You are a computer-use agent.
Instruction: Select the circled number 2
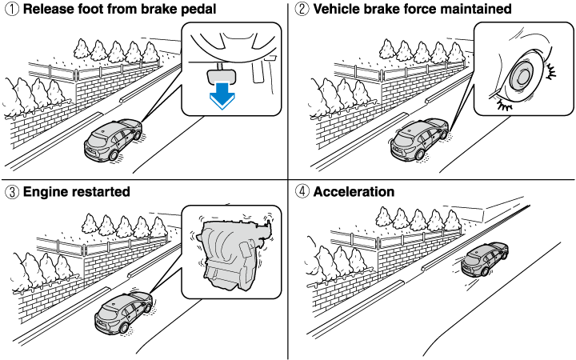click(x=301, y=10)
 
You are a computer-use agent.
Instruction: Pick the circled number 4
click(x=301, y=192)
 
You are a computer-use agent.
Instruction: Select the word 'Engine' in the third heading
click(x=46, y=192)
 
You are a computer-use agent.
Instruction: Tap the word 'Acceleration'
click(x=354, y=192)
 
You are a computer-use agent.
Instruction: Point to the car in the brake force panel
click(x=418, y=138)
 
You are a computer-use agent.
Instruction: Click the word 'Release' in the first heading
click(x=49, y=10)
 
